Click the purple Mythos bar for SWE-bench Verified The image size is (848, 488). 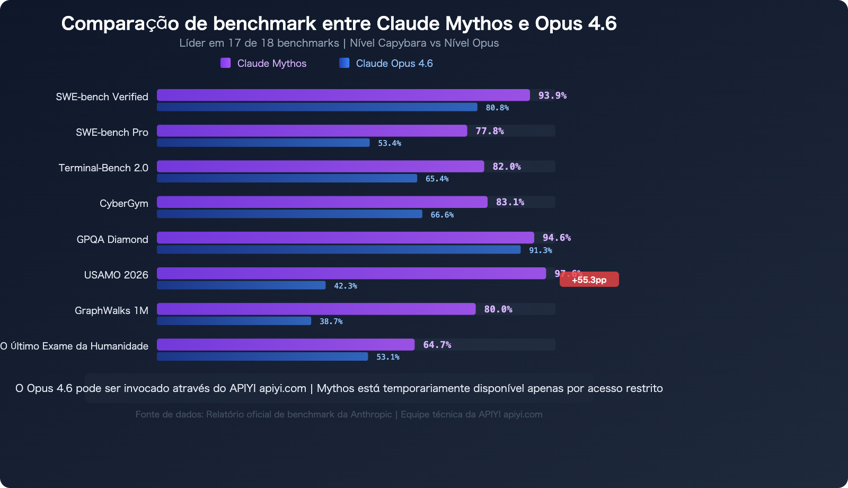[343, 95]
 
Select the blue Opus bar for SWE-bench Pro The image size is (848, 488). [263, 143]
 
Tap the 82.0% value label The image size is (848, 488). [507, 167]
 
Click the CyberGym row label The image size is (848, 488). [124, 204]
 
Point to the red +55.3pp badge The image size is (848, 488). [589, 280]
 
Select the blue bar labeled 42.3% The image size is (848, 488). [241, 285]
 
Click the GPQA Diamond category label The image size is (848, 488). [112, 239]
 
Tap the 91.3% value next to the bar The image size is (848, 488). [541, 250]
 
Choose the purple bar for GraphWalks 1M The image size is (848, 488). [316, 309]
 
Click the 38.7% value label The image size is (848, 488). [331, 321]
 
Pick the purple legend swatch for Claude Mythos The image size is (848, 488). [226, 63]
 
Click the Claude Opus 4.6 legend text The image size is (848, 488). [394, 63]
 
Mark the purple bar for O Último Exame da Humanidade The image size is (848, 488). [286, 345]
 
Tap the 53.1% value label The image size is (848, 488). [388, 357]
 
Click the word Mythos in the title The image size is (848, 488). [479, 23]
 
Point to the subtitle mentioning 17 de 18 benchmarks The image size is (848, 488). [339, 43]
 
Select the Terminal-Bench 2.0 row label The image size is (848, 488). [103, 168]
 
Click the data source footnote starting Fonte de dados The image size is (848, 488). [339, 414]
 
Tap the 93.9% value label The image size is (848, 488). [552, 95]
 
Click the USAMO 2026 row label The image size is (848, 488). [116, 275]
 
